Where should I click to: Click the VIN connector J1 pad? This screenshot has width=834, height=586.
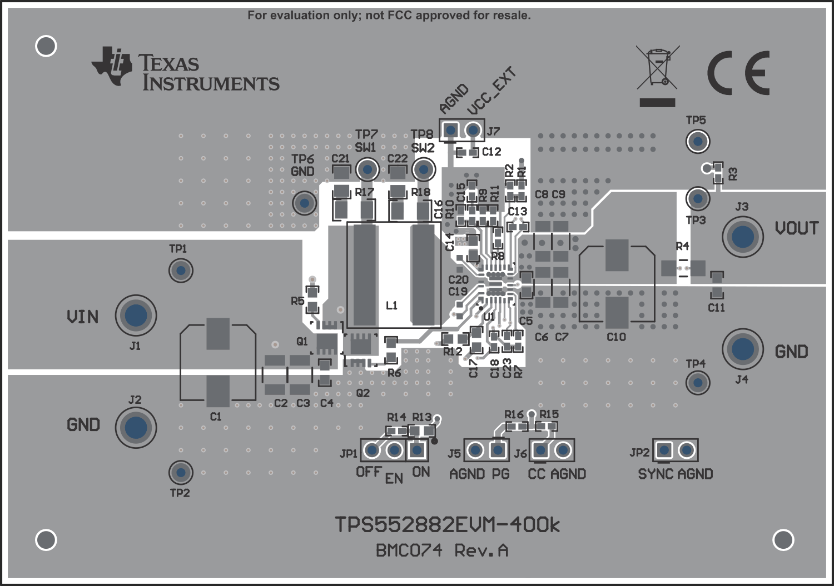tap(136, 315)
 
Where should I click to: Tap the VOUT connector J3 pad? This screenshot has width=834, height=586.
tap(743, 237)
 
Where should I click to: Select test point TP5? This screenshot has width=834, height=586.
tap(697, 141)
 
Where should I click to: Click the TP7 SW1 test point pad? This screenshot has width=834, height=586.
tap(367, 169)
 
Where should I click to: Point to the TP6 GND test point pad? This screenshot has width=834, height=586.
tap(304, 203)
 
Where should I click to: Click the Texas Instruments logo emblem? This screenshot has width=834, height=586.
tap(112, 66)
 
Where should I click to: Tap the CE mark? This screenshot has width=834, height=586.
tap(739, 73)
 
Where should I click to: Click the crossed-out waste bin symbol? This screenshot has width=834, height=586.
tap(657, 68)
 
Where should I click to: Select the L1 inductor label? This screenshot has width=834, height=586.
tap(391, 305)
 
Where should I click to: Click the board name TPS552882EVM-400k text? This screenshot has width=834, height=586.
tap(447, 524)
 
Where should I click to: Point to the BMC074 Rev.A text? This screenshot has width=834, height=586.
tap(442, 550)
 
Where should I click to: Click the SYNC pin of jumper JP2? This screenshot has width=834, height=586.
tap(664, 450)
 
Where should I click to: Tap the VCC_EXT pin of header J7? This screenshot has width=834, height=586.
tap(473, 131)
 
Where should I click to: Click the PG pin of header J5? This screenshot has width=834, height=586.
tap(498, 450)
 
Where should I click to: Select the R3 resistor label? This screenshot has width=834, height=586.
tap(733, 174)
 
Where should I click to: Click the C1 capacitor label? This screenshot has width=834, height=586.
tap(216, 416)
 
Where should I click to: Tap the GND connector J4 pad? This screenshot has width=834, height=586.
tap(743, 349)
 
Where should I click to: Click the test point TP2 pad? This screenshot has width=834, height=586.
tap(180, 472)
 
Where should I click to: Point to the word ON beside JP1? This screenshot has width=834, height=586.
tap(421, 472)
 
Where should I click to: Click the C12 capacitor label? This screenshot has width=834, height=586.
tap(492, 152)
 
